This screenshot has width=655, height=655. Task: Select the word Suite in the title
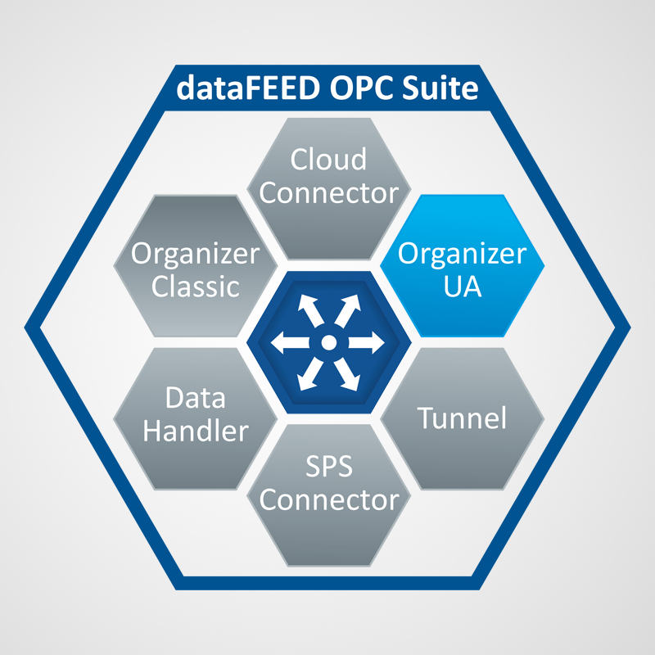[438, 87]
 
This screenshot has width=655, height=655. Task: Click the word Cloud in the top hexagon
[327, 160]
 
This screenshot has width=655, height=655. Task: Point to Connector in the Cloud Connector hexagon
[327, 194]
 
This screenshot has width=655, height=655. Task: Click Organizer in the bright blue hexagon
[462, 253]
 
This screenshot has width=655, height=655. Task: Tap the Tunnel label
[462, 418]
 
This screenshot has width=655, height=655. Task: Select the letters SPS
[327, 467]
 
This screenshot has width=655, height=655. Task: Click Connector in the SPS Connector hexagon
[327, 500]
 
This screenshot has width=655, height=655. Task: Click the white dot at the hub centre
[327, 341]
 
